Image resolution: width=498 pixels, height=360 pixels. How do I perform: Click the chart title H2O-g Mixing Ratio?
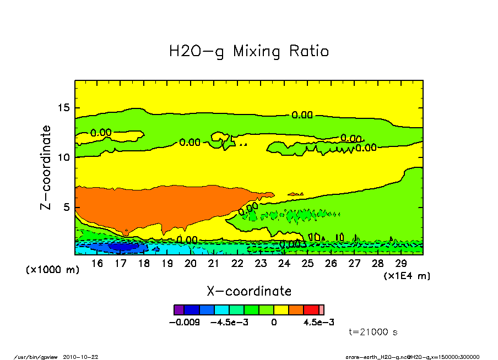[249, 51]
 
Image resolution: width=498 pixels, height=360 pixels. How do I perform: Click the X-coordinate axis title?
[249, 291]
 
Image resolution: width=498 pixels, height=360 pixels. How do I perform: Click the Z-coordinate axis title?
[46, 167]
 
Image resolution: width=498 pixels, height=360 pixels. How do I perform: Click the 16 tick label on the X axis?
[98, 264]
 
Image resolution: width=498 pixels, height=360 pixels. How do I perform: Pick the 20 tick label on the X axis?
[191, 264]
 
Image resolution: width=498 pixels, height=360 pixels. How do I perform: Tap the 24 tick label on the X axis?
[284, 264]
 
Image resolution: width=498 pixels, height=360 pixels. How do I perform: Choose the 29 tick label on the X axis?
[400, 264]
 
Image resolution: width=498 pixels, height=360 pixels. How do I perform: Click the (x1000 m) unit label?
[53, 270]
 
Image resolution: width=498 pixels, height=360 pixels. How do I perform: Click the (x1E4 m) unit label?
[407, 275]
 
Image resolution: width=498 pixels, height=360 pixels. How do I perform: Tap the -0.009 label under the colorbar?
[185, 322]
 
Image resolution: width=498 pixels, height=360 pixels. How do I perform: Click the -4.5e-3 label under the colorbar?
[230, 322]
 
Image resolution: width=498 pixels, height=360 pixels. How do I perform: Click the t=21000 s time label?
[373, 332]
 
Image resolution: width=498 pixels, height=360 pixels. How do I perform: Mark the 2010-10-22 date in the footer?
[85, 356]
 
